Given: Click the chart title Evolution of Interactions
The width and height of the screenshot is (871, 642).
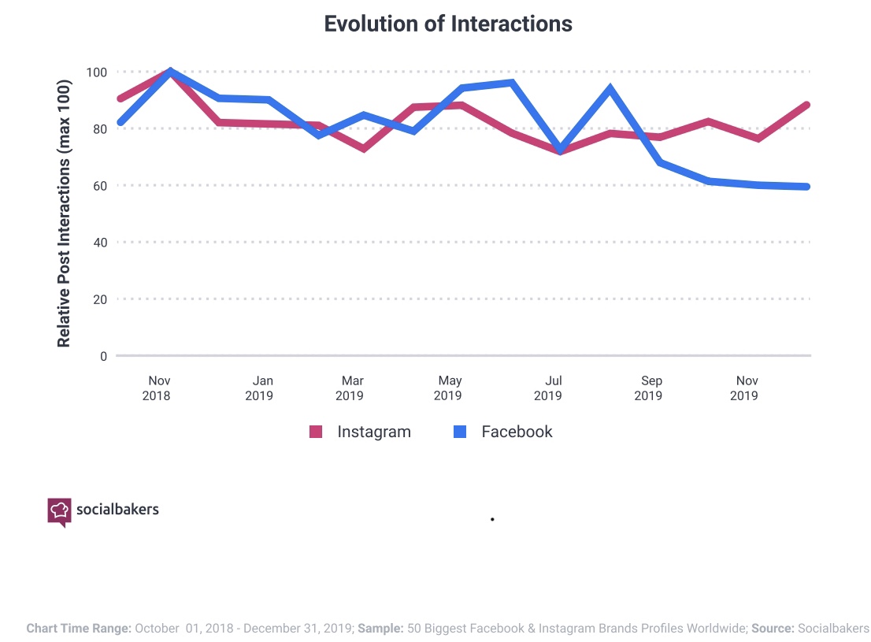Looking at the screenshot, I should pyautogui.click(x=448, y=24).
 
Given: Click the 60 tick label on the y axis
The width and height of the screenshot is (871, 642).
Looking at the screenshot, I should pyautogui.click(x=99, y=186).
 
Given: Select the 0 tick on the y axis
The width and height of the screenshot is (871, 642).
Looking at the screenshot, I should pyautogui.click(x=102, y=356).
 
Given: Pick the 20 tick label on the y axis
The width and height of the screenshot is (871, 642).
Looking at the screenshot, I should pyautogui.click(x=99, y=299).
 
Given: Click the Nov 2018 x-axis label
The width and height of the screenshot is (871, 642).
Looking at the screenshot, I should pyautogui.click(x=157, y=388).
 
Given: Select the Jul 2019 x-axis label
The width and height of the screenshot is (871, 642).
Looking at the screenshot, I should pyautogui.click(x=548, y=388).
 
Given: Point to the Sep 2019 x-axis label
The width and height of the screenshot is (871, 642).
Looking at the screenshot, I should pyautogui.click(x=648, y=388).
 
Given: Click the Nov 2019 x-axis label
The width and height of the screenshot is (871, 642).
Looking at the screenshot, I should pyautogui.click(x=744, y=388).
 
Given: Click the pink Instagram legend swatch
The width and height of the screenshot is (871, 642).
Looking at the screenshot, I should pyautogui.click(x=316, y=432).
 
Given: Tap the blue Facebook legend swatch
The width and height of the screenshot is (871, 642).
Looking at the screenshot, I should pyautogui.click(x=461, y=432).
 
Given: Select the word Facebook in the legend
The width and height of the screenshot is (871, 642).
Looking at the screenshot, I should pyautogui.click(x=517, y=432).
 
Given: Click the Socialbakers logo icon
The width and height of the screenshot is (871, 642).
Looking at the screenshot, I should pyautogui.click(x=59, y=511).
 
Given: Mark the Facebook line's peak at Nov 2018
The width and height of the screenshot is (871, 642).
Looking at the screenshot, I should pyautogui.click(x=170, y=72).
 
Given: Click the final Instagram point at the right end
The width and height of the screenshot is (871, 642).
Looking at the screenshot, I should pyautogui.click(x=808, y=105).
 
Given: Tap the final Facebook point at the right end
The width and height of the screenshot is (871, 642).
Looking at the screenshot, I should pyautogui.click(x=808, y=187).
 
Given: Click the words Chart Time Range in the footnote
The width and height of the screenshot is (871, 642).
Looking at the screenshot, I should pyautogui.click(x=79, y=629).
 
